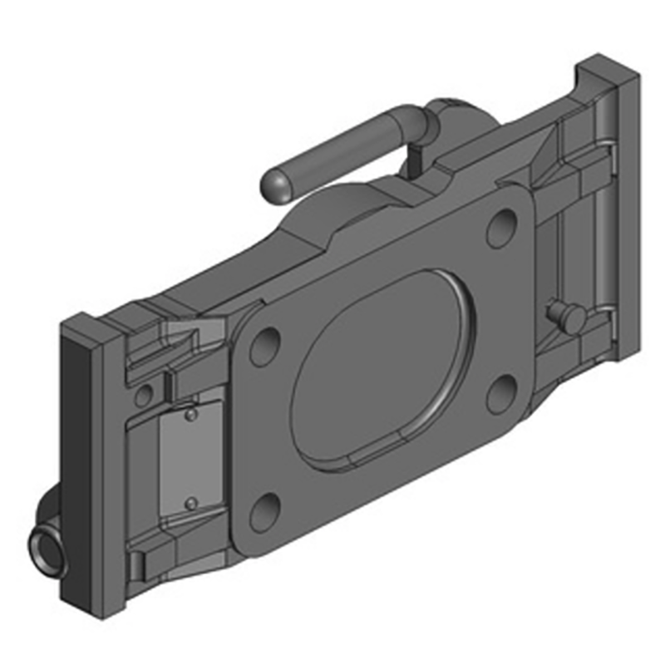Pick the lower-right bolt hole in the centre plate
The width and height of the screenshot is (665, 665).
coord(501,392)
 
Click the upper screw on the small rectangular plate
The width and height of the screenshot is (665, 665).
coord(190,414)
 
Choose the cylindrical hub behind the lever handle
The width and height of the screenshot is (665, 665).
coord(453,116)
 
